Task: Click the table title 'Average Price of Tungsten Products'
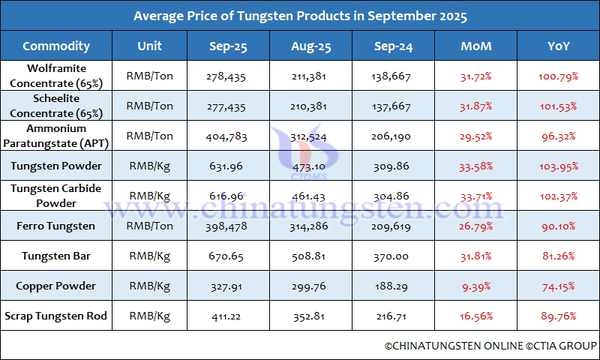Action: [300, 16]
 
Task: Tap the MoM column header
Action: [476, 46]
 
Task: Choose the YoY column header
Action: [559, 46]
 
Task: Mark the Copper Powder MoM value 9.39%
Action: [476, 286]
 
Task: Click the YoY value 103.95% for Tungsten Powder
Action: [559, 166]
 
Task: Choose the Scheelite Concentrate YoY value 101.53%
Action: [559, 106]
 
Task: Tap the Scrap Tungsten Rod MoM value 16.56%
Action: [476, 316]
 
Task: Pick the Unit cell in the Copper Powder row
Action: [150, 286]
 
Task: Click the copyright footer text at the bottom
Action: [490, 346]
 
